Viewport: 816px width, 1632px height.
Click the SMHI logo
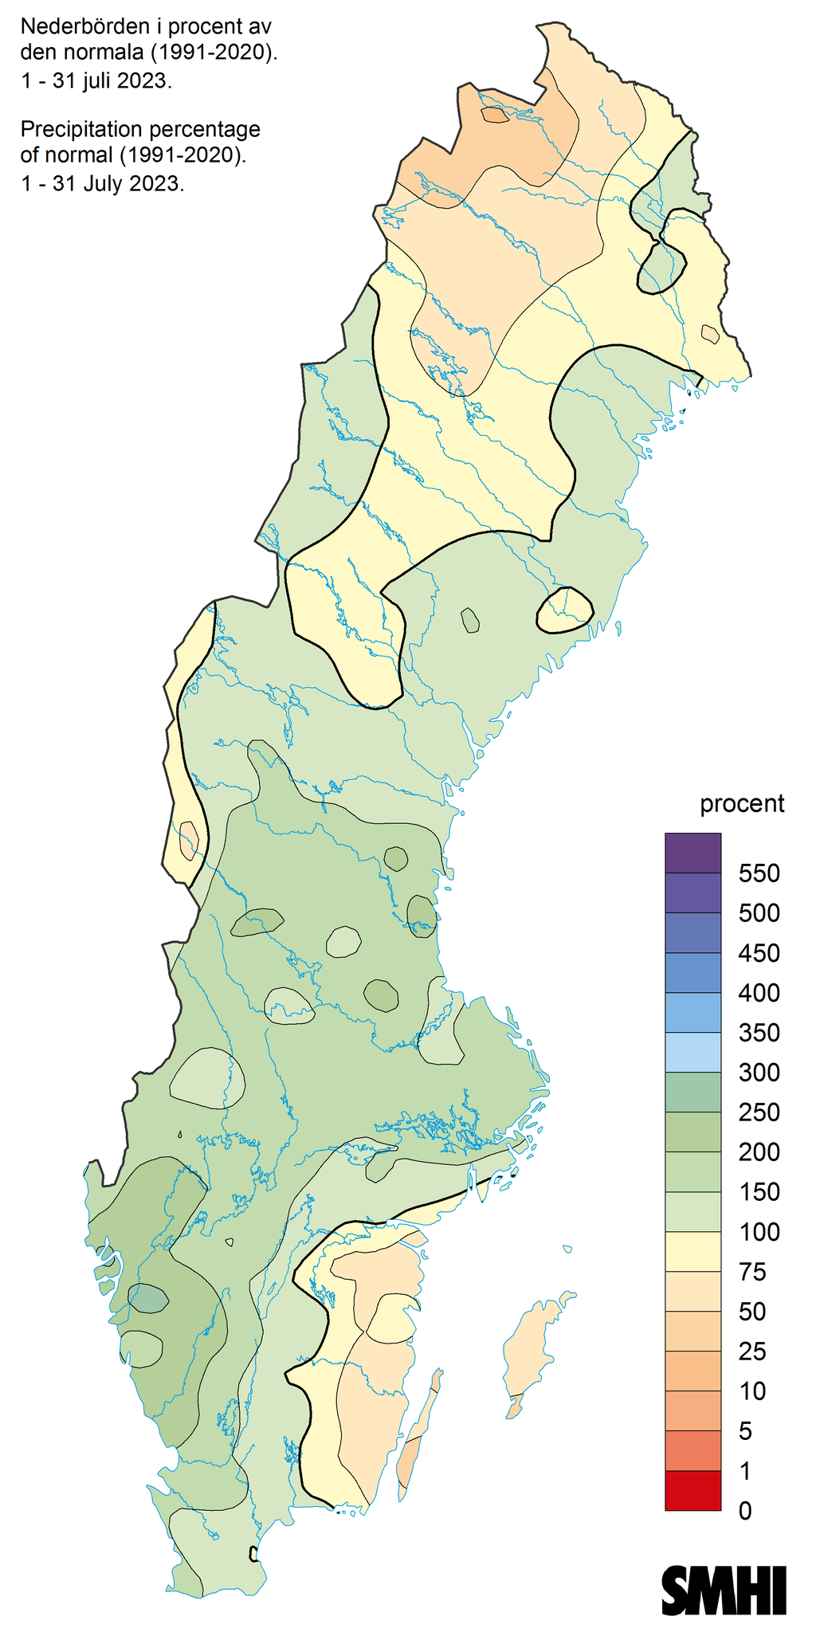click(724, 1591)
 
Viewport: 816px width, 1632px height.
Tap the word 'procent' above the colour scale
click(742, 804)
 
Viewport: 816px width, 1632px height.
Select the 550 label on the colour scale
click(759, 873)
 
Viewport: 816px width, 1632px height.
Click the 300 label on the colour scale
click(759, 1073)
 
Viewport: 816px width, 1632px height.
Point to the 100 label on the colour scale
click(759, 1233)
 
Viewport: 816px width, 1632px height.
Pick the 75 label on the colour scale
click(752, 1273)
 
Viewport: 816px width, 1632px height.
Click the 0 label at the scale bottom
click(745, 1511)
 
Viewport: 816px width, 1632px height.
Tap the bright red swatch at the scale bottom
click(692, 1491)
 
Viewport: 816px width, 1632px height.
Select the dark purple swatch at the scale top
click(692, 853)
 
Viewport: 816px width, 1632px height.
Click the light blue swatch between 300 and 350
click(692, 1053)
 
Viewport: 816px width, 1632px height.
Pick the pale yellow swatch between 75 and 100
click(692, 1252)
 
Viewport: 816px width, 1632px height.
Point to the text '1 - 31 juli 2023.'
click(96, 81)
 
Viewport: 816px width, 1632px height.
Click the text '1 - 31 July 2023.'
click(102, 183)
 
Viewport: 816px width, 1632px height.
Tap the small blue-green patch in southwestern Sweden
click(148, 1299)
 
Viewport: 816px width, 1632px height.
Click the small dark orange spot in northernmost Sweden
click(495, 116)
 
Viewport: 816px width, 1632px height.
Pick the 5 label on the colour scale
click(745, 1432)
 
